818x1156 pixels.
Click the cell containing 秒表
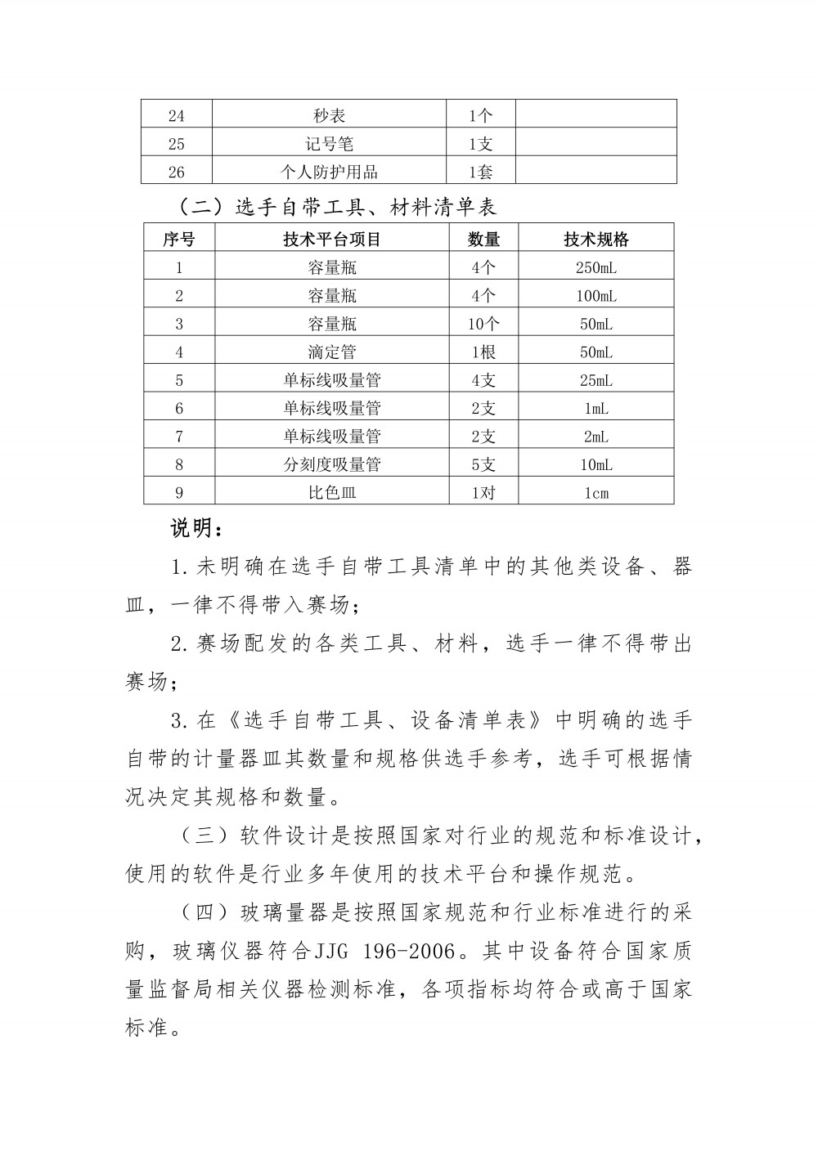tap(329, 116)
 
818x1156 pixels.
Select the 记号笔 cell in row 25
tap(329, 144)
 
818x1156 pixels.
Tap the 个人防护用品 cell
tap(329, 172)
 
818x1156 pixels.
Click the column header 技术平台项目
tap(332, 239)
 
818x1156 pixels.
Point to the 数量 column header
tap(483, 239)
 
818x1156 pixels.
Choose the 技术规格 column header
tap(596, 239)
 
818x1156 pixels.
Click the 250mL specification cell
tap(596, 267)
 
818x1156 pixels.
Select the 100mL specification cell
tap(596, 295)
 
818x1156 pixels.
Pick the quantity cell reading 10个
tap(483, 324)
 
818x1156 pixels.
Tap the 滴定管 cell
tap(332, 352)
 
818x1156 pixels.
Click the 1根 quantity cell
tap(483, 352)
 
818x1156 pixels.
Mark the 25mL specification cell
tap(596, 380)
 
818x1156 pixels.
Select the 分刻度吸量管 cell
tap(332, 464)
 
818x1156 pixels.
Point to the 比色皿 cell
tap(332, 492)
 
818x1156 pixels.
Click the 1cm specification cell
tap(596, 492)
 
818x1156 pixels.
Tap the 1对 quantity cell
tap(483, 492)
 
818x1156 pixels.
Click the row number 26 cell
tap(177, 172)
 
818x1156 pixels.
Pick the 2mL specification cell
tap(596, 437)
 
